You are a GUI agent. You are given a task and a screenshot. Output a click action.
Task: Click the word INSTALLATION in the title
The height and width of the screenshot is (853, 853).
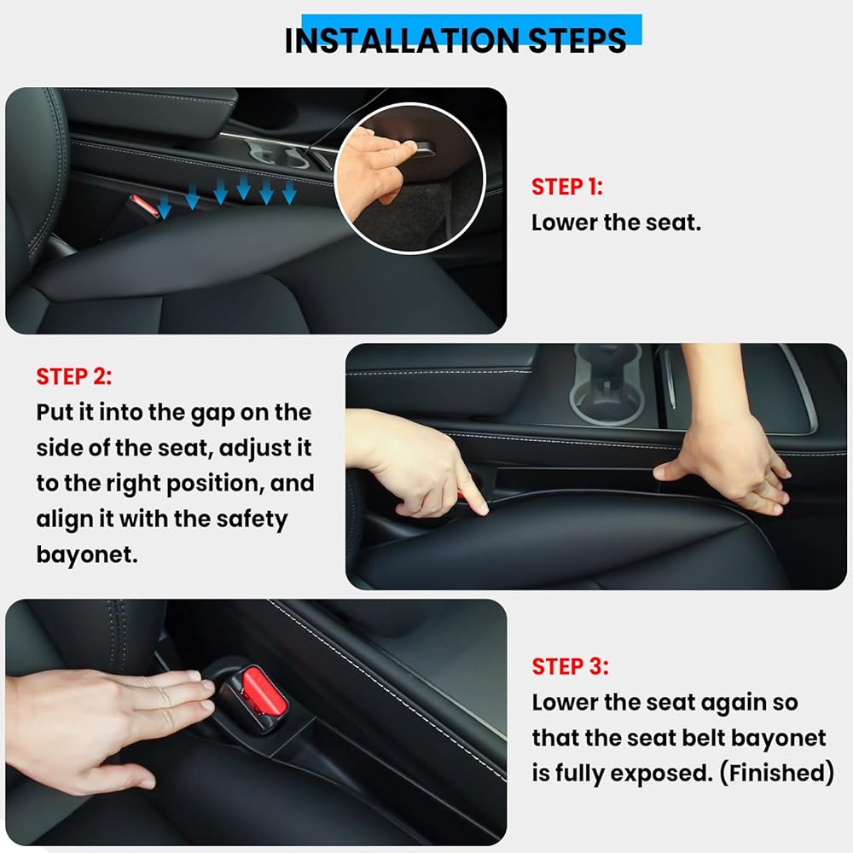tap(402, 40)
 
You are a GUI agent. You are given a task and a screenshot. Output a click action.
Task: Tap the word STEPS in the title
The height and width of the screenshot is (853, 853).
tap(577, 40)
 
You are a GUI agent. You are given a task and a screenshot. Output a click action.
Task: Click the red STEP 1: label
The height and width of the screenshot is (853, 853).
tap(567, 187)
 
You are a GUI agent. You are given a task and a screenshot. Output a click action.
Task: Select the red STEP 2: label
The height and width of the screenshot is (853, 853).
tap(74, 376)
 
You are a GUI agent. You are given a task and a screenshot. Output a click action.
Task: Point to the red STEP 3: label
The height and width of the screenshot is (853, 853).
tap(570, 666)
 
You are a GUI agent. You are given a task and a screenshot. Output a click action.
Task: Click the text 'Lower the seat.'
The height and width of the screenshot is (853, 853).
tap(616, 223)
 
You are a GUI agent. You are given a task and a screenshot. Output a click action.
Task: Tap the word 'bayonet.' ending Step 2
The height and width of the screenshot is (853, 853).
tap(87, 555)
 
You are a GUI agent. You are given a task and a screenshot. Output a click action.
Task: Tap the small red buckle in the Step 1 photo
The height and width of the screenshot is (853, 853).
tap(144, 205)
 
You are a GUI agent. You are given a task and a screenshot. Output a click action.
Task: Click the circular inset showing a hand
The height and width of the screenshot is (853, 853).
tap(409, 177)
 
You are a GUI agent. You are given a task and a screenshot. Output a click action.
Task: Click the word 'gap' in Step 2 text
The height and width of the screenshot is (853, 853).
tap(212, 414)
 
